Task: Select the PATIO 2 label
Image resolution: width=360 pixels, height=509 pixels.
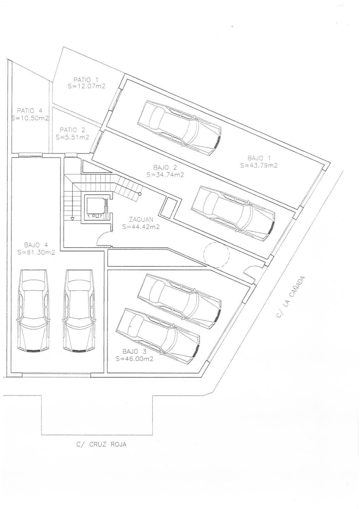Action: click(72, 130)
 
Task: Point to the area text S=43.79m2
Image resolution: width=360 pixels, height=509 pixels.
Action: click(259, 165)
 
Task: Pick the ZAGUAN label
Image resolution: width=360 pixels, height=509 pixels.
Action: click(141, 220)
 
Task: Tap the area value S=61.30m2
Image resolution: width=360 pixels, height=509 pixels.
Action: click(36, 253)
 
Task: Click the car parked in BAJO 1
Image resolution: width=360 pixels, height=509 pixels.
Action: click(179, 128)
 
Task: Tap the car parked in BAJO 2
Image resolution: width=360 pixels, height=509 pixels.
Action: click(233, 214)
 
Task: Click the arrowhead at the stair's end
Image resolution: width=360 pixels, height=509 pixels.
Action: click(72, 219)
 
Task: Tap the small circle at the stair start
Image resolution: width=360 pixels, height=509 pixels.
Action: click(139, 194)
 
